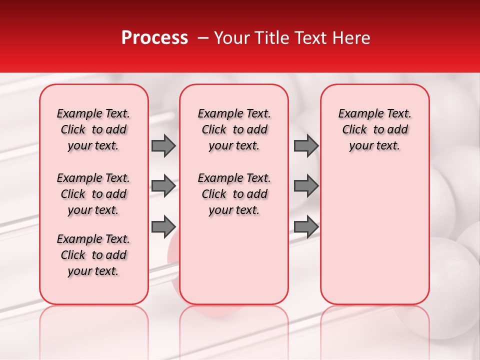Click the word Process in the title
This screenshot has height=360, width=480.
point(154,38)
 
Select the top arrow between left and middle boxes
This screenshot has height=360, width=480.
point(163,145)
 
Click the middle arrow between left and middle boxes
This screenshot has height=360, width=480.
point(163,186)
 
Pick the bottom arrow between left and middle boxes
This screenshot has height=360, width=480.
point(163,226)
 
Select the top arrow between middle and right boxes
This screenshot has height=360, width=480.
point(306,145)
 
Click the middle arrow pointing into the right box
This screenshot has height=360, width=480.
point(306,186)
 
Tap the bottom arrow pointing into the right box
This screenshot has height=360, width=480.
point(306,226)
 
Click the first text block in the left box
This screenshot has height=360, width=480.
point(93,129)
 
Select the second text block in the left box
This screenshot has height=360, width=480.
point(93,194)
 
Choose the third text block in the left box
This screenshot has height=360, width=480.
point(93,255)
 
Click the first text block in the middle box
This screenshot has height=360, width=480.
point(234,129)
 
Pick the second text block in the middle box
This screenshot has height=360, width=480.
point(234,194)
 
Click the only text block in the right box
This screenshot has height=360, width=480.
point(374,129)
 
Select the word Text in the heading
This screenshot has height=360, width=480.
point(308,38)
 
